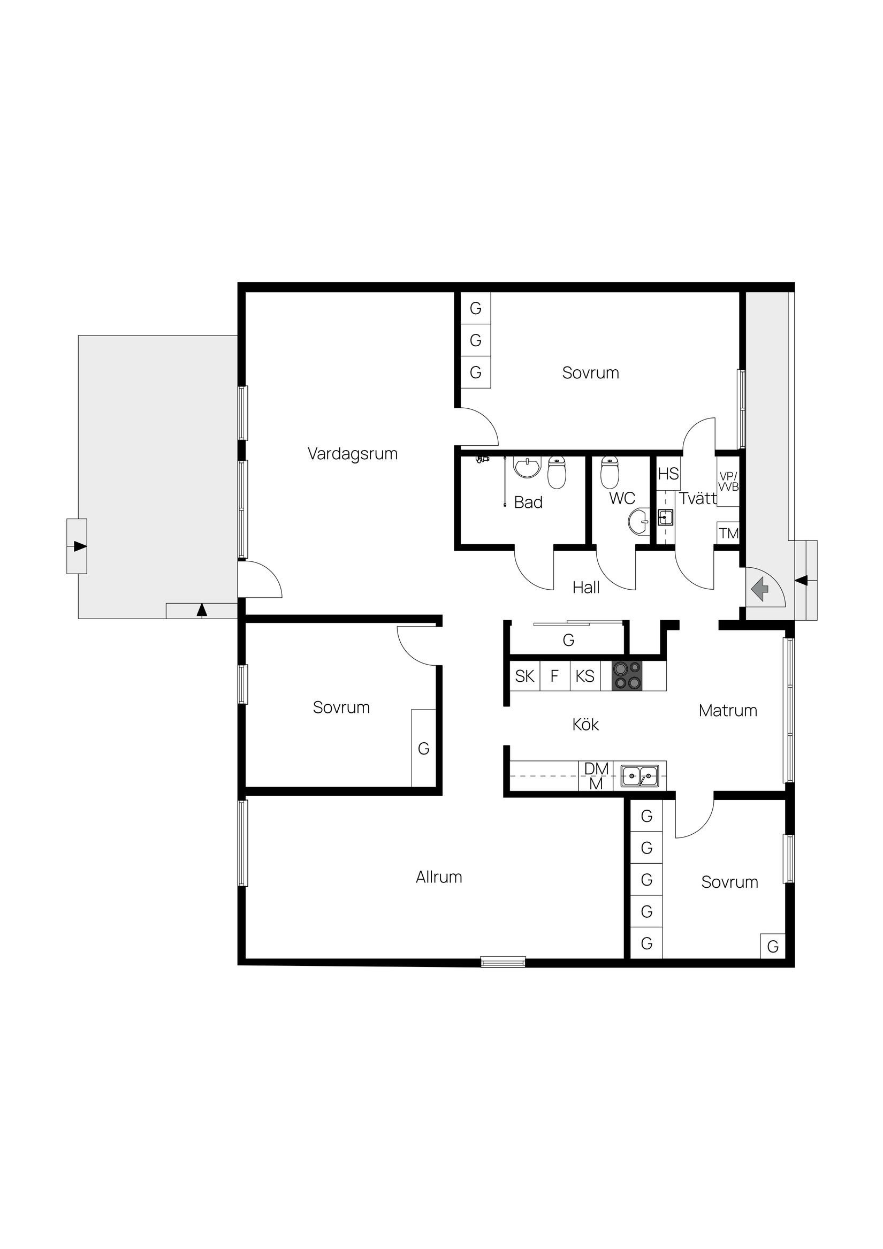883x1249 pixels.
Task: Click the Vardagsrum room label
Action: (352, 454)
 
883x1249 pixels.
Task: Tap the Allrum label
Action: (438, 877)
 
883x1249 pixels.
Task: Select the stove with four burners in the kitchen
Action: (627, 676)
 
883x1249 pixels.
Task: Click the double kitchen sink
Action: (640, 775)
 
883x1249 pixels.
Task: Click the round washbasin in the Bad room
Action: (527, 468)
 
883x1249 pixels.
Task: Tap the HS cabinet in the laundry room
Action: (668, 474)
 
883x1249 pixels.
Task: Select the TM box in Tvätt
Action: (728, 533)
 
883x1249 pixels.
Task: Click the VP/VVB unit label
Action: (728, 482)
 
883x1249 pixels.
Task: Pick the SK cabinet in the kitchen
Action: (524, 676)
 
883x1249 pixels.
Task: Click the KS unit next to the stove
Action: (585, 676)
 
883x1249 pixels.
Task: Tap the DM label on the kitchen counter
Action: (596, 768)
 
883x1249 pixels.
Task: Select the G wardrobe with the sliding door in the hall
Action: (568, 639)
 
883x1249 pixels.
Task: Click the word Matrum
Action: (727, 711)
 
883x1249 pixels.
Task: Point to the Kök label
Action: (585, 725)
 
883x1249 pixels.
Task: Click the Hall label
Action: (586, 588)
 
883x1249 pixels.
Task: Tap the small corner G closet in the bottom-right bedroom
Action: (773, 946)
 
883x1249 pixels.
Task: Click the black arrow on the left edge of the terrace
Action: (79, 546)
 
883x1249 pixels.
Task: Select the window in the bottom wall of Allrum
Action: (503, 962)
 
